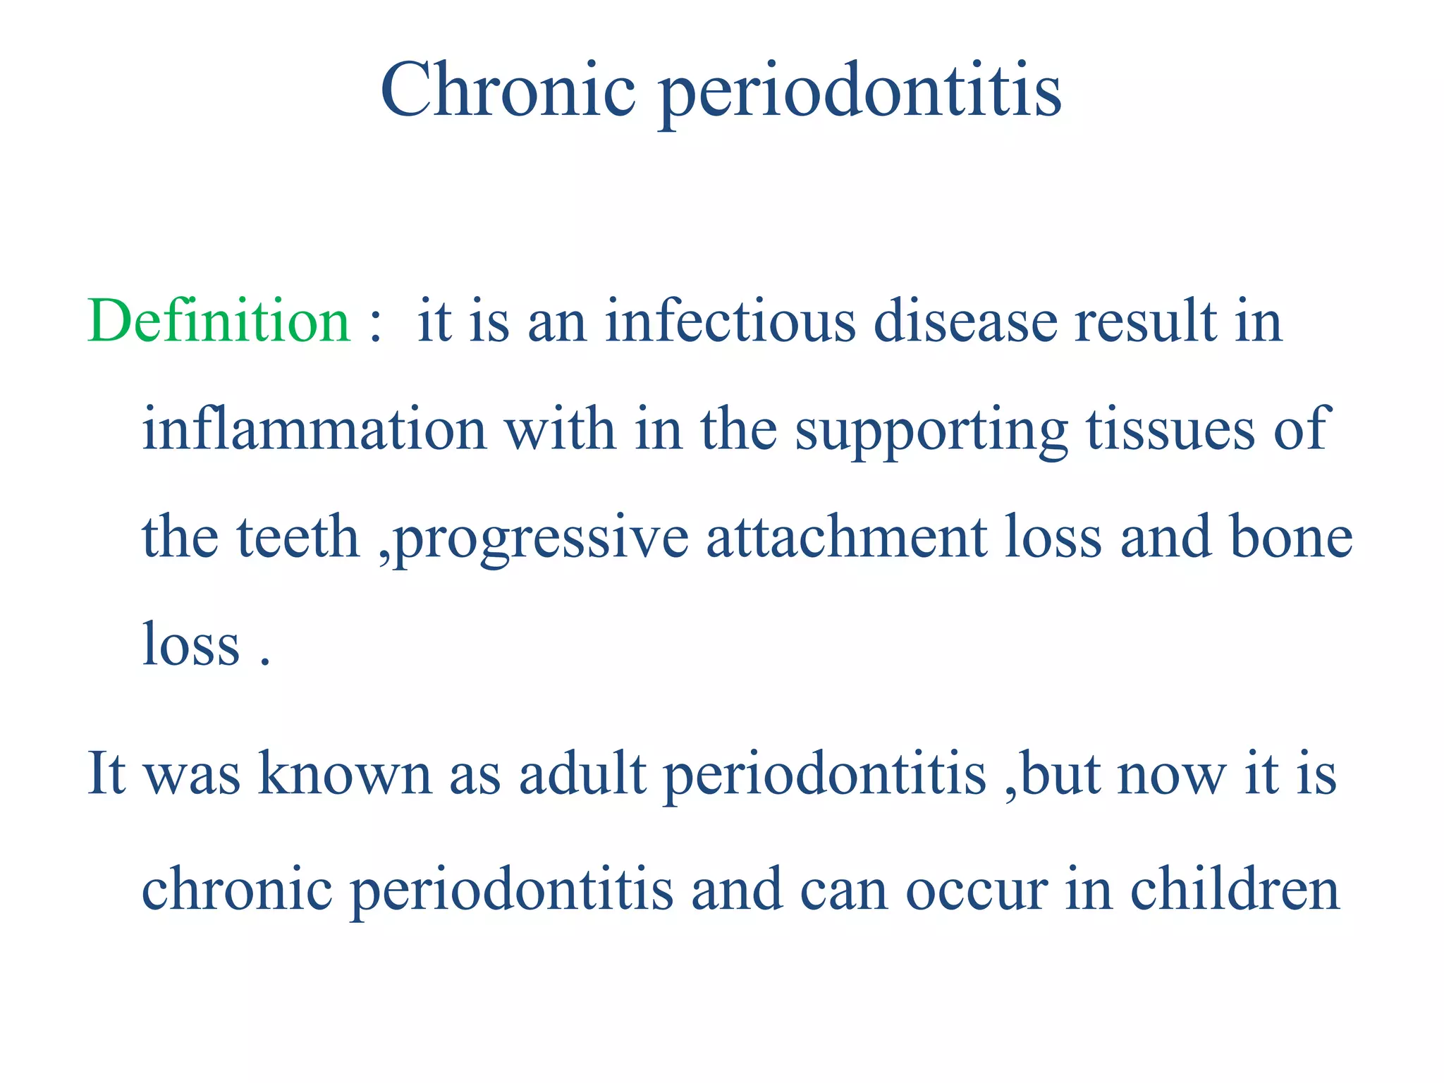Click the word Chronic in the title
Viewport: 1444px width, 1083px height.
508,90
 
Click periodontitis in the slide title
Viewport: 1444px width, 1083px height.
860,95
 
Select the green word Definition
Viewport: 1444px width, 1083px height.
219,322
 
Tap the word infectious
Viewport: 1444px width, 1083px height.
730,322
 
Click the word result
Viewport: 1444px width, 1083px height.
1146,322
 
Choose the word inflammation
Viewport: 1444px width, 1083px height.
314,429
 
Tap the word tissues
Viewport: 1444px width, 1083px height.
1170,429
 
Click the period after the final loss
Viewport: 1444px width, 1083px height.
265,663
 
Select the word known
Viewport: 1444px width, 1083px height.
345,774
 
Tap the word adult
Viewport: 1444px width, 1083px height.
582,774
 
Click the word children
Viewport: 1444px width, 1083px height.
1235,888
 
